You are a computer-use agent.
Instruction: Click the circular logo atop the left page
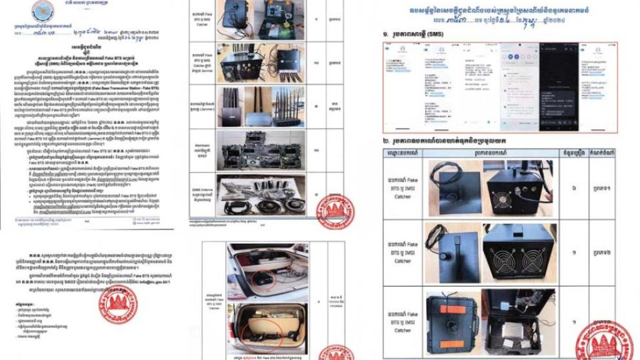click(x=44, y=11)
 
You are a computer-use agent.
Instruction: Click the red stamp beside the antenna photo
click(x=335, y=211)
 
